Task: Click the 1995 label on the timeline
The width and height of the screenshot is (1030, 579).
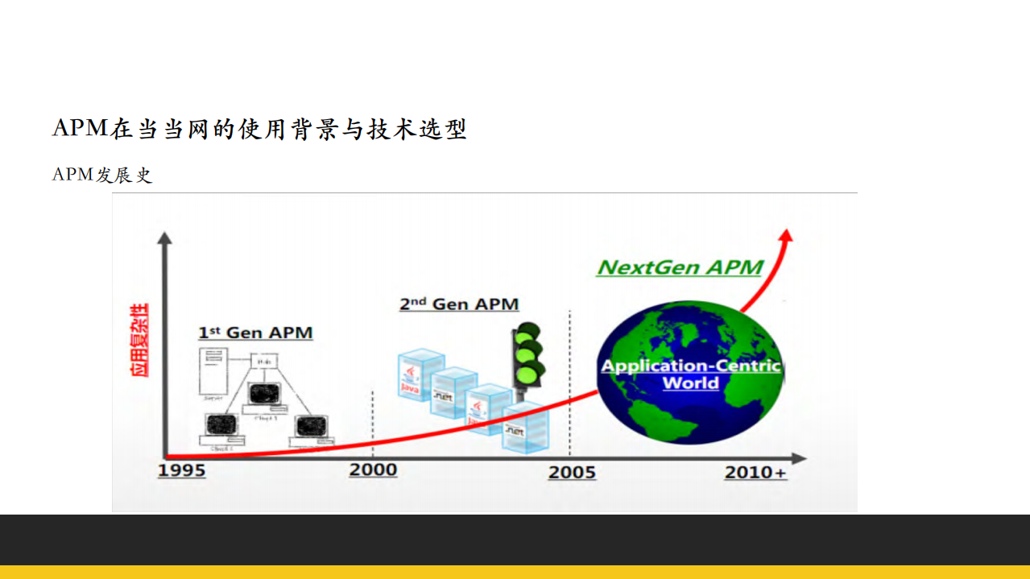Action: click(x=181, y=470)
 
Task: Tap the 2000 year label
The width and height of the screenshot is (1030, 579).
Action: click(x=373, y=469)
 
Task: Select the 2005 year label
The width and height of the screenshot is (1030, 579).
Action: click(x=572, y=472)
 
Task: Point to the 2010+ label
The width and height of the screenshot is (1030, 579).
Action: click(x=755, y=472)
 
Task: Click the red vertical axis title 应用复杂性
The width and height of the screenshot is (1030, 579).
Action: click(x=140, y=340)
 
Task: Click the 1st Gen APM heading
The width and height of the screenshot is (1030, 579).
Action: click(x=255, y=333)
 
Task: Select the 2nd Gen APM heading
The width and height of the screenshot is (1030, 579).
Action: click(x=459, y=304)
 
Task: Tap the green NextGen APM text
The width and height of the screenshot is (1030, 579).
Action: click(x=680, y=267)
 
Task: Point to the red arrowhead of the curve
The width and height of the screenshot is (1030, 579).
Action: click(x=786, y=234)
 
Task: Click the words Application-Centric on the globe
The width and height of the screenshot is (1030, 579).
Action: click(x=691, y=366)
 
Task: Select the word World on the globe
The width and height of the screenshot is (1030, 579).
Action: click(x=691, y=383)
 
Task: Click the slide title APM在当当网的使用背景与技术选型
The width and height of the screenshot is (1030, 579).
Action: click(x=259, y=129)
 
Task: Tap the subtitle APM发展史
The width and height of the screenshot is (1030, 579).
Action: click(x=102, y=175)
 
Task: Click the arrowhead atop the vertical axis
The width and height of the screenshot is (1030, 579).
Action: click(x=164, y=238)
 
